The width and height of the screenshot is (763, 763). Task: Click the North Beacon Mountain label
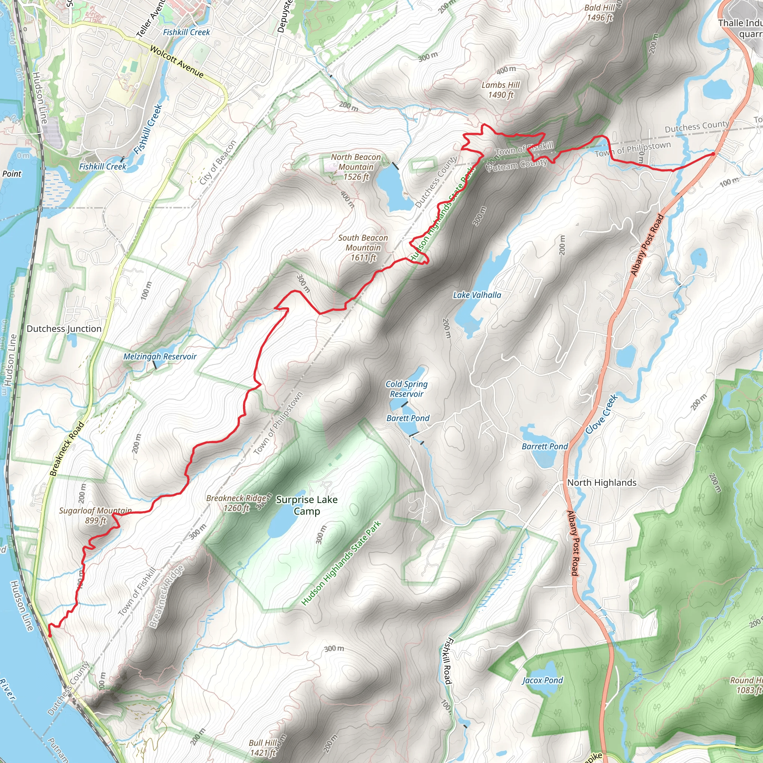pyautogui.click(x=355, y=167)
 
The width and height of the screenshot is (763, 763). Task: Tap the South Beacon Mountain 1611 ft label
pyautogui.click(x=363, y=248)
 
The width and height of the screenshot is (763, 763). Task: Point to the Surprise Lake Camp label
pyautogui.click(x=307, y=505)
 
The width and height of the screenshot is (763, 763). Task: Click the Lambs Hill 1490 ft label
pyautogui.click(x=500, y=90)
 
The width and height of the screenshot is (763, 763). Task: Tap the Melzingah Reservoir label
pyautogui.click(x=159, y=357)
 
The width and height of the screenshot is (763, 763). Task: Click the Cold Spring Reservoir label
pyautogui.click(x=406, y=389)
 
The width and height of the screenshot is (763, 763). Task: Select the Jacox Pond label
pyautogui.click(x=542, y=680)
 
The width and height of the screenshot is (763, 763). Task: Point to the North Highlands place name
pyautogui.click(x=601, y=482)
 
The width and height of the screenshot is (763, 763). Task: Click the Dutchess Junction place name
pyautogui.click(x=64, y=329)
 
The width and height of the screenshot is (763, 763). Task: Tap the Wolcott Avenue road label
pyautogui.click(x=177, y=62)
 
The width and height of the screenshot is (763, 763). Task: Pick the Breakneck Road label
pyautogui.click(x=67, y=449)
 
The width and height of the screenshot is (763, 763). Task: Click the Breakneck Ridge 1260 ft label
pyautogui.click(x=236, y=503)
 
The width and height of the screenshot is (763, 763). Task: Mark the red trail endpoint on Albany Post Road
pyautogui.click(x=713, y=154)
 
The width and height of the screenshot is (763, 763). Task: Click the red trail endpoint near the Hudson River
pyautogui.click(x=50, y=636)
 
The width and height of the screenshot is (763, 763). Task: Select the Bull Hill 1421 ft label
pyautogui.click(x=263, y=748)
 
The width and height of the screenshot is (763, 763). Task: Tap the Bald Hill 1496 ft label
pyautogui.click(x=599, y=13)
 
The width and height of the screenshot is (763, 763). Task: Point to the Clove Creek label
pyautogui.click(x=601, y=414)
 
